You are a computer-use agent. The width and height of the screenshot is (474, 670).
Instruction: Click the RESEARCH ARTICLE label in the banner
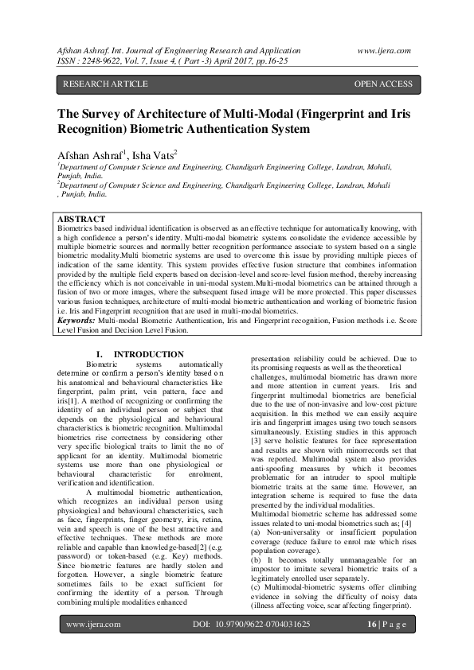tap(105, 84)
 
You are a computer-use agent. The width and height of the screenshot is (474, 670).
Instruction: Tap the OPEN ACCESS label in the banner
tap(383, 84)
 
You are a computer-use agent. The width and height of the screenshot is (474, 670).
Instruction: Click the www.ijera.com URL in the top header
tap(384, 50)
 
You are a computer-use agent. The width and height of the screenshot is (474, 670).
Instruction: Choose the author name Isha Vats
tap(153, 154)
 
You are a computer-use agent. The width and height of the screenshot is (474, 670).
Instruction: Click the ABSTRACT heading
tap(82, 219)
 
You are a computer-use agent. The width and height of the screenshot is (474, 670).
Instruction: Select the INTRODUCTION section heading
tap(148, 354)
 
